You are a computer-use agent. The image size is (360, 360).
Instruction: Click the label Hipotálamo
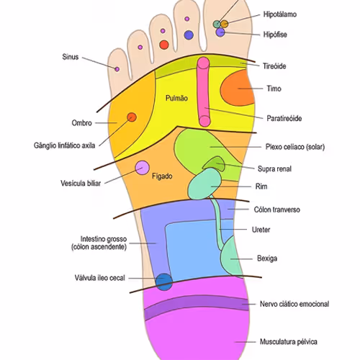pyautogui.click(x=280, y=14)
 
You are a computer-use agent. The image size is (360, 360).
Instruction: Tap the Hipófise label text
pyautogui.click(x=276, y=33)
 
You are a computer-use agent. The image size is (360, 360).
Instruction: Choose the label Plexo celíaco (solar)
pyautogui.click(x=295, y=147)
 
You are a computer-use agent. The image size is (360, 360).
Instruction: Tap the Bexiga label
pyautogui.click(x=267, y=258)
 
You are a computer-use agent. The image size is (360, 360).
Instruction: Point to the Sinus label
pyautogui.click(x=71, y=55)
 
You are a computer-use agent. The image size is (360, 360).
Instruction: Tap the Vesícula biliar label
pyautogui.click(x=81, y=183)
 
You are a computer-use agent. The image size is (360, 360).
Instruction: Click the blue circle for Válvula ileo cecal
pyautogui.click(x=164, y=282)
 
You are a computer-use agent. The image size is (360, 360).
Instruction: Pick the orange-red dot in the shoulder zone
pyautogui.click(x=131, y=117)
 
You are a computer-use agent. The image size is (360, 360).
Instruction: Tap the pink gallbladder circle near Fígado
pyautogui.click(x=143, y=168)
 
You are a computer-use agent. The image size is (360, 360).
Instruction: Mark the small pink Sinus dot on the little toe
pyautogui.click(x=117, y=68)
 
